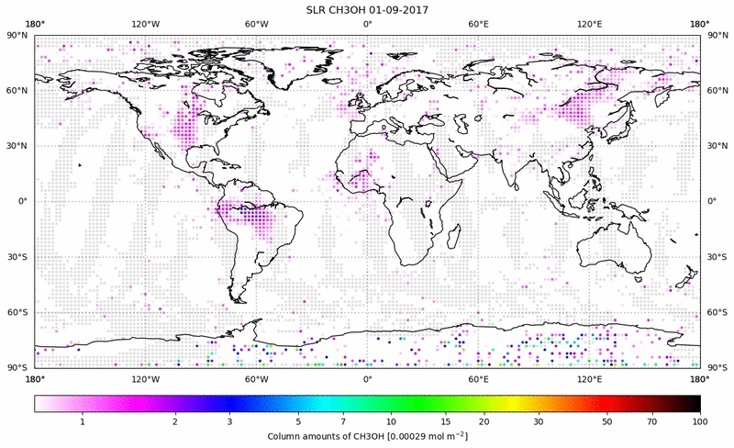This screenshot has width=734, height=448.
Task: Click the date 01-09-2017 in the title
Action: [x=395, y=9]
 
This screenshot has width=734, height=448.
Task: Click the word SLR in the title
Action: [x=318, y=9]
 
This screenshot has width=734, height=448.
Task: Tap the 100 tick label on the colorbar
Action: [x=700, y=421]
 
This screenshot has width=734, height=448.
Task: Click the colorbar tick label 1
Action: [x=83, y=421]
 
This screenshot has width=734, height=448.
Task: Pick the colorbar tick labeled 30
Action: [x=539, y=421]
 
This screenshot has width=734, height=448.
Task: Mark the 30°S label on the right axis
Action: [x=717, y=257]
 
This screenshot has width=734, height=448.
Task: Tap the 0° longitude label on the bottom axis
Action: [x=367, y=377]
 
